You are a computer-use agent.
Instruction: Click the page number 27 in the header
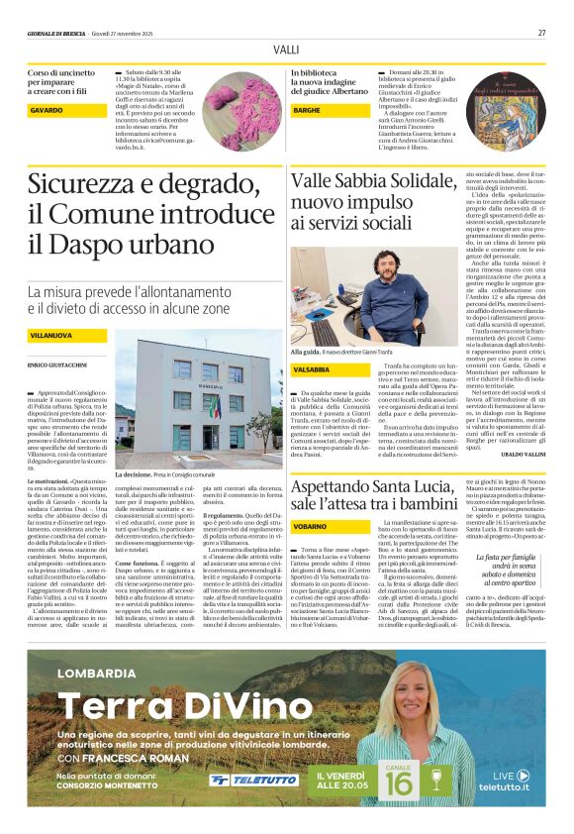(x=541, y=33)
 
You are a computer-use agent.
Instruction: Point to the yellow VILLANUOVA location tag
(x=50, y=337)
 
